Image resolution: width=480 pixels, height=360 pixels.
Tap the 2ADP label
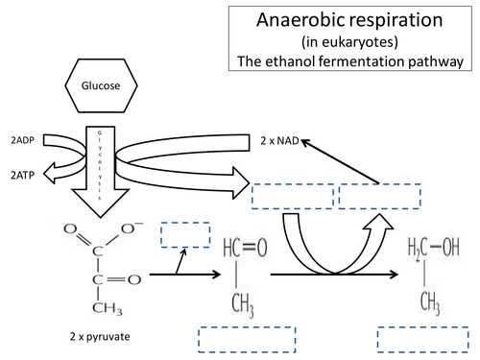[x=21, y=138]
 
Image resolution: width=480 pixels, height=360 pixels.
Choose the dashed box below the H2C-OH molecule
[x=423, y=341]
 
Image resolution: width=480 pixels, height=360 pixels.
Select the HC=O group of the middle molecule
[x=235, y=246]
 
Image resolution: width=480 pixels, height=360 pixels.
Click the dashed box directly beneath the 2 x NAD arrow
[x=379, y=195]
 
